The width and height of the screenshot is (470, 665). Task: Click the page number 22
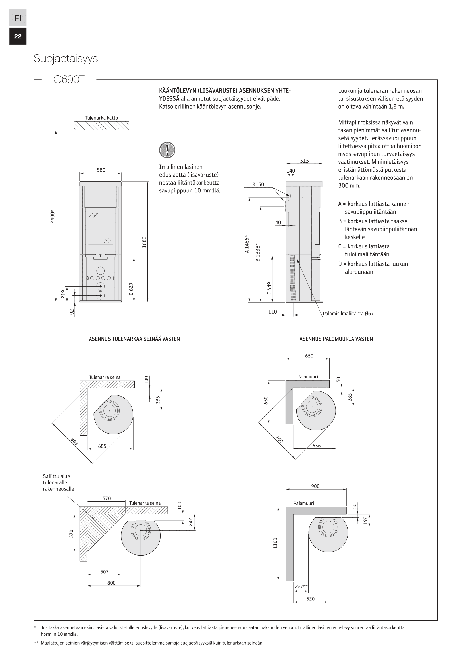coord(18,36)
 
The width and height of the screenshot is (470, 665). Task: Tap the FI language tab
coord(18,18)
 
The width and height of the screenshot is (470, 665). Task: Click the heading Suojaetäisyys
coord(66,59)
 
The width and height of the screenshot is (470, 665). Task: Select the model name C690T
coord(69,80)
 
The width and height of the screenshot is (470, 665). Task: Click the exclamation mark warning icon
coord(167,150)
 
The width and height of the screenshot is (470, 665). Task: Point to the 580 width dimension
coord(101,170)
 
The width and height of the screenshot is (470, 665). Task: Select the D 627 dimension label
coord(131,289)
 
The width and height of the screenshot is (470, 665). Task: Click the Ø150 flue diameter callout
coord(258,184)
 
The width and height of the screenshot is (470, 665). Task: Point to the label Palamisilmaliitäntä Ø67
coord(348,313)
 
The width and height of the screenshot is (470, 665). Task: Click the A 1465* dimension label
coord(247,244)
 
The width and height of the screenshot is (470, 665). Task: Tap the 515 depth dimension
coord(304,161)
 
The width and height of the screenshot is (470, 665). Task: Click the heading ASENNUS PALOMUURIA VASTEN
coord(336,339)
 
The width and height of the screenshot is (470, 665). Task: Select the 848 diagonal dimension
coord(74,441)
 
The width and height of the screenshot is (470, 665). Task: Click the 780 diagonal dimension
coord(279,439)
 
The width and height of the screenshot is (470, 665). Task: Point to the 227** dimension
coord(301,587)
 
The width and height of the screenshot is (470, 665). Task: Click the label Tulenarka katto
coord(101,118)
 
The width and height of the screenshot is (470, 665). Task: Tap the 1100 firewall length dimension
coord(275,543)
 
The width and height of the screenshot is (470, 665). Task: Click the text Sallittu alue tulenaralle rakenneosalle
coord(59,482)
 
